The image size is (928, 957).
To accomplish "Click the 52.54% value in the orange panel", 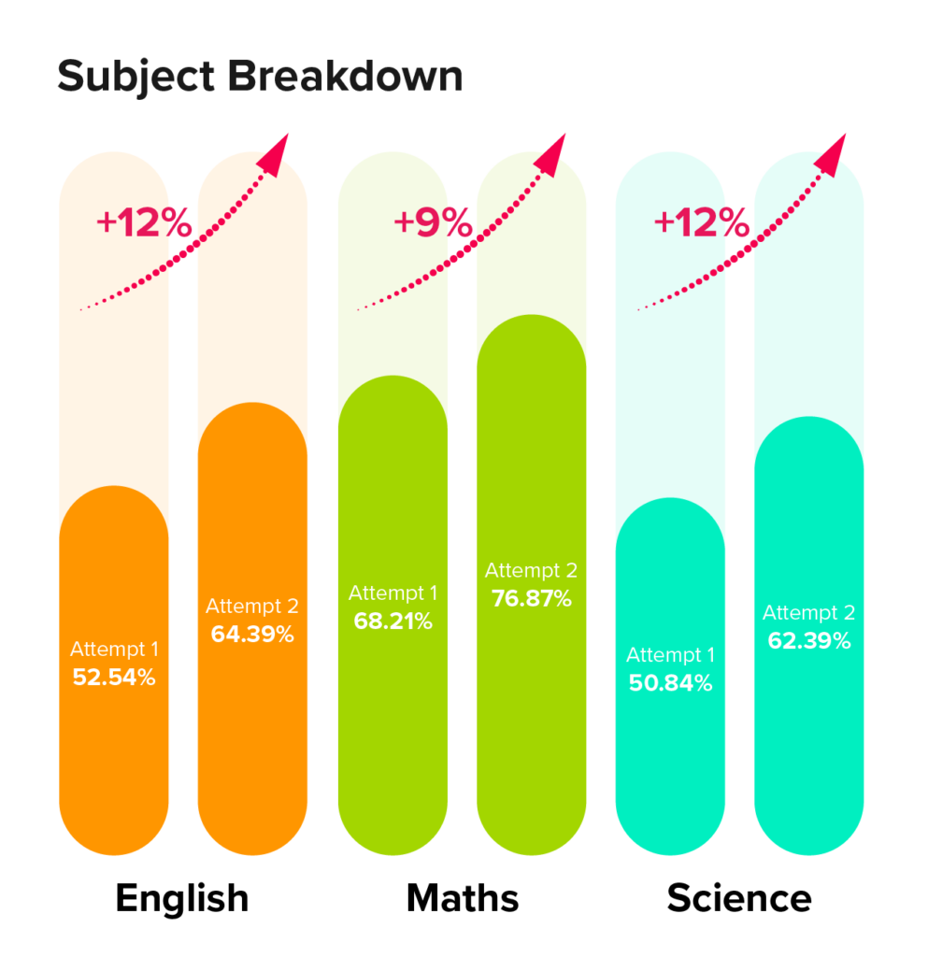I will point(114,678).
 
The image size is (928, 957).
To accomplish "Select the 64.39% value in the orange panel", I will point(252,635).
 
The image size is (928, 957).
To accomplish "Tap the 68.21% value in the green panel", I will point(393,621).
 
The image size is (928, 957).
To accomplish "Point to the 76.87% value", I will point(531,599).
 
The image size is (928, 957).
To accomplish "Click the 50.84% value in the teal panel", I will point(670,683).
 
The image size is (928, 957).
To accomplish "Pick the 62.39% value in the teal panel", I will point(808,641).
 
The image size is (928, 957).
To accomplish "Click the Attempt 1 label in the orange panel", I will point(114,650).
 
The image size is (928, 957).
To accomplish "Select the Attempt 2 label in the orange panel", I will point(252,607).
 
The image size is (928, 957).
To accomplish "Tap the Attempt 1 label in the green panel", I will point(393,593).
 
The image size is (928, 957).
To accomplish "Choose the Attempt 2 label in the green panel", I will point(531,571).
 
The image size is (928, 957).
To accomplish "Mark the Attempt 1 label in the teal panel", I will point(670,655).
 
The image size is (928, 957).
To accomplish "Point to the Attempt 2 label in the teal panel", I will point(808,614).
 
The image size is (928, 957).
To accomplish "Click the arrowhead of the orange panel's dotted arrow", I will point(271,164).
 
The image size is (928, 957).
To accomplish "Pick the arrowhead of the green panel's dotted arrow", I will point(550,164).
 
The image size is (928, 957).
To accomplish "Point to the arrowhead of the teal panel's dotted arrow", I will point(828,164).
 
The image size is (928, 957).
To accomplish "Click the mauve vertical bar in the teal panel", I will point(740,421).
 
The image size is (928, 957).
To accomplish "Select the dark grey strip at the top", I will point(464,79).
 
